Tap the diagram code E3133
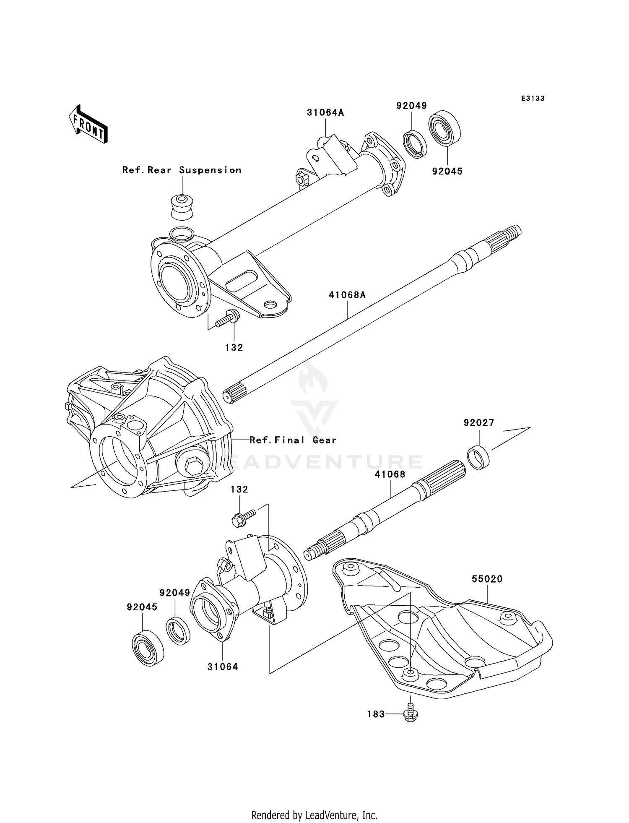point(533,99)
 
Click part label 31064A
point(325,112)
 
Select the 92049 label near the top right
point(411,106)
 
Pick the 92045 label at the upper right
point(447,171)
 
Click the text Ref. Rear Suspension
point(182,170)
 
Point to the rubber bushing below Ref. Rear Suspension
point(182,206)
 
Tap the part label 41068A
point(347,295)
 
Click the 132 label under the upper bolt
point(234,347)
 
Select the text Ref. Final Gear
point(293,440)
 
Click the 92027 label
point(479,423)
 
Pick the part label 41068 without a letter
point(390,474)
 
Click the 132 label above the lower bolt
point(239,490)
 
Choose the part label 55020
point(487,579)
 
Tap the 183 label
point(376,714)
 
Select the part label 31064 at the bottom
point(222,667)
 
